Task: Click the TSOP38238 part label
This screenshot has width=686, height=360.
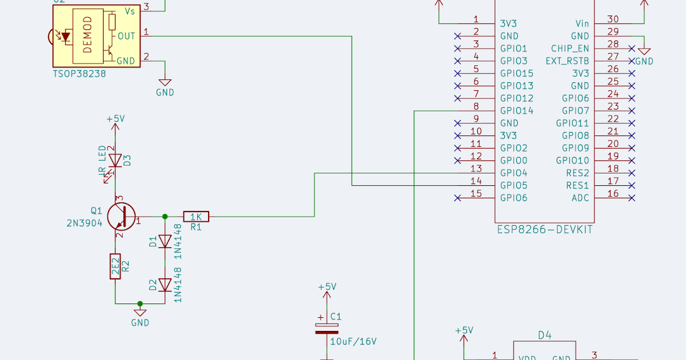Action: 79,74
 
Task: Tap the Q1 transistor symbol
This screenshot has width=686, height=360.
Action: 121,217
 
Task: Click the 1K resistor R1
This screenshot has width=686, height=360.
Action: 196,217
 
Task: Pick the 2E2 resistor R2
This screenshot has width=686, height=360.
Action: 115,266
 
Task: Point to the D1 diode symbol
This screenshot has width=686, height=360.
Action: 165,241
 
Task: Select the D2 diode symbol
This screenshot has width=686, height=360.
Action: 165,284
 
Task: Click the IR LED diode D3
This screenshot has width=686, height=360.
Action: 115,161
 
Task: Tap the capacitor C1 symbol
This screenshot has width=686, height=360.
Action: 326,328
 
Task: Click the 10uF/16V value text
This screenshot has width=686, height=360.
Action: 353,342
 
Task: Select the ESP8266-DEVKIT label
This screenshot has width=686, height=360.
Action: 544,230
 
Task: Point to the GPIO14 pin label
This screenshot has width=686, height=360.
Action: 516,111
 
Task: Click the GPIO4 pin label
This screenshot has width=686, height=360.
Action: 513,173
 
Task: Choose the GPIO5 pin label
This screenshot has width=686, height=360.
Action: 513,186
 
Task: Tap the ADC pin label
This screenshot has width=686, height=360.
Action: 581,198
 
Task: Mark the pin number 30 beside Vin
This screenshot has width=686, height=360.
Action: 613,19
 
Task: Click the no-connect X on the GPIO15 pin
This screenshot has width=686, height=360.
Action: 457,74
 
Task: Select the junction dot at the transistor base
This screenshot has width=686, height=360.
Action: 165,217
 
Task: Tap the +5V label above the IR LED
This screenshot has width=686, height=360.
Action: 115,119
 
